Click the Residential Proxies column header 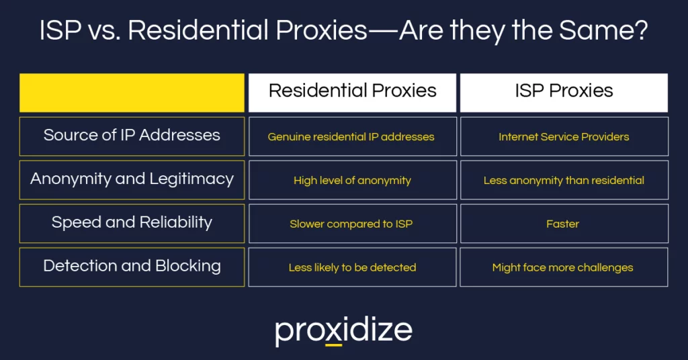click(352, 92)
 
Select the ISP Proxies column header click(563, 92)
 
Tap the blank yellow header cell click(132, 92)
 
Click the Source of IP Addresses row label click(132, 136)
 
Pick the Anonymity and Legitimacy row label click(132, 179)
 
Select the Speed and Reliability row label click(132, 223)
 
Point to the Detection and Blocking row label click(132, 267)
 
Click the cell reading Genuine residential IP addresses click(352, 136)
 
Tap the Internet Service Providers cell click(563, 136)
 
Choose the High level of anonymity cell click(352, 180)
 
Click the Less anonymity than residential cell click(563, 180)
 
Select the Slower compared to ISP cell click(352, 224)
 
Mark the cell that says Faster click(563, 224)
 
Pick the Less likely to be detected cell click(352, 267)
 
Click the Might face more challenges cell click(563, 267)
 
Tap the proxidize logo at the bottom click(343, 330)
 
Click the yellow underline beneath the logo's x click(334, 345)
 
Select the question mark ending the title click(641, 32)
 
